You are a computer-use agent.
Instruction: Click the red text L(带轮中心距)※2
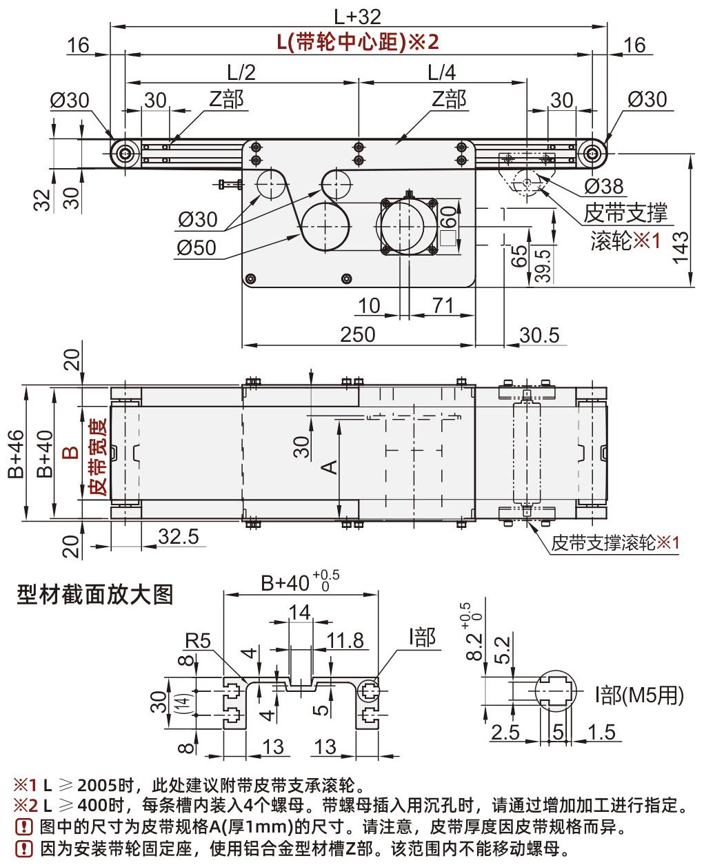pyautogui.click(x=358, y=42)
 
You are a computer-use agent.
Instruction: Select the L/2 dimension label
pyautogui.click(x=241, y=72)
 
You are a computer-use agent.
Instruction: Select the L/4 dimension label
pyautogui.click(x=441, y=72)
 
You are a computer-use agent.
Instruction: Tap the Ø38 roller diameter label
pyautogui.click(x=603, y=186)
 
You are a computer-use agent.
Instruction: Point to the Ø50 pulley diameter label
pyautogui.click(x=197, y=247)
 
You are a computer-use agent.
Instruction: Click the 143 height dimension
pyautogui.click(x=681, y=247)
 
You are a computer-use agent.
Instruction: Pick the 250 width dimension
pyautogui.click(x=358, y=335)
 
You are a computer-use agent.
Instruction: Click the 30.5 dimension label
pyautogui.click(x=539, y=336)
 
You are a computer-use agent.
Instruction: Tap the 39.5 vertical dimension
pyautogui.click(x=543, y=265)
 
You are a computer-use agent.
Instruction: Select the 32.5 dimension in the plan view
pyautogui.click(x=178, y=537)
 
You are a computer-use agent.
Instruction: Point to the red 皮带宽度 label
pyautogui.click(x=98, y=457)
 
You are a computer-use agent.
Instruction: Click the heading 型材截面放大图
pyautogui.click(x=94, y=594)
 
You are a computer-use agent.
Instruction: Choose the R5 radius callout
pyautogui.click(x=197, y=641)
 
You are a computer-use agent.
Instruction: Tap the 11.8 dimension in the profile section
pyautogui.click(x=345, y=641)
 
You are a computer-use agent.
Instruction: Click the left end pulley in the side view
pyautogui.click(x=124, y=153)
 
